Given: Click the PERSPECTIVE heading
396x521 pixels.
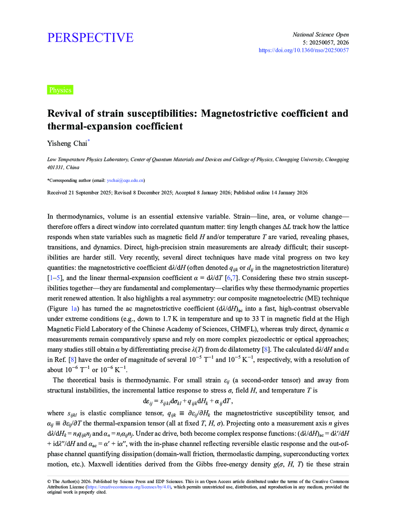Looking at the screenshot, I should (x=90, y=38).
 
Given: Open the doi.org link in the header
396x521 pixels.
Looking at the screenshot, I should (x=304, y=50).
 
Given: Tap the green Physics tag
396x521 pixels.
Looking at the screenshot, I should (x=60, y=90).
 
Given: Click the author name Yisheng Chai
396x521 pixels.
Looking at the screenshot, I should (x=67, y=144).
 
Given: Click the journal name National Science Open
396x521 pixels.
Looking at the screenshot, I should (x=321, y=35).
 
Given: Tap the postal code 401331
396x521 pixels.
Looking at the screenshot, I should (x=56, y=168).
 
